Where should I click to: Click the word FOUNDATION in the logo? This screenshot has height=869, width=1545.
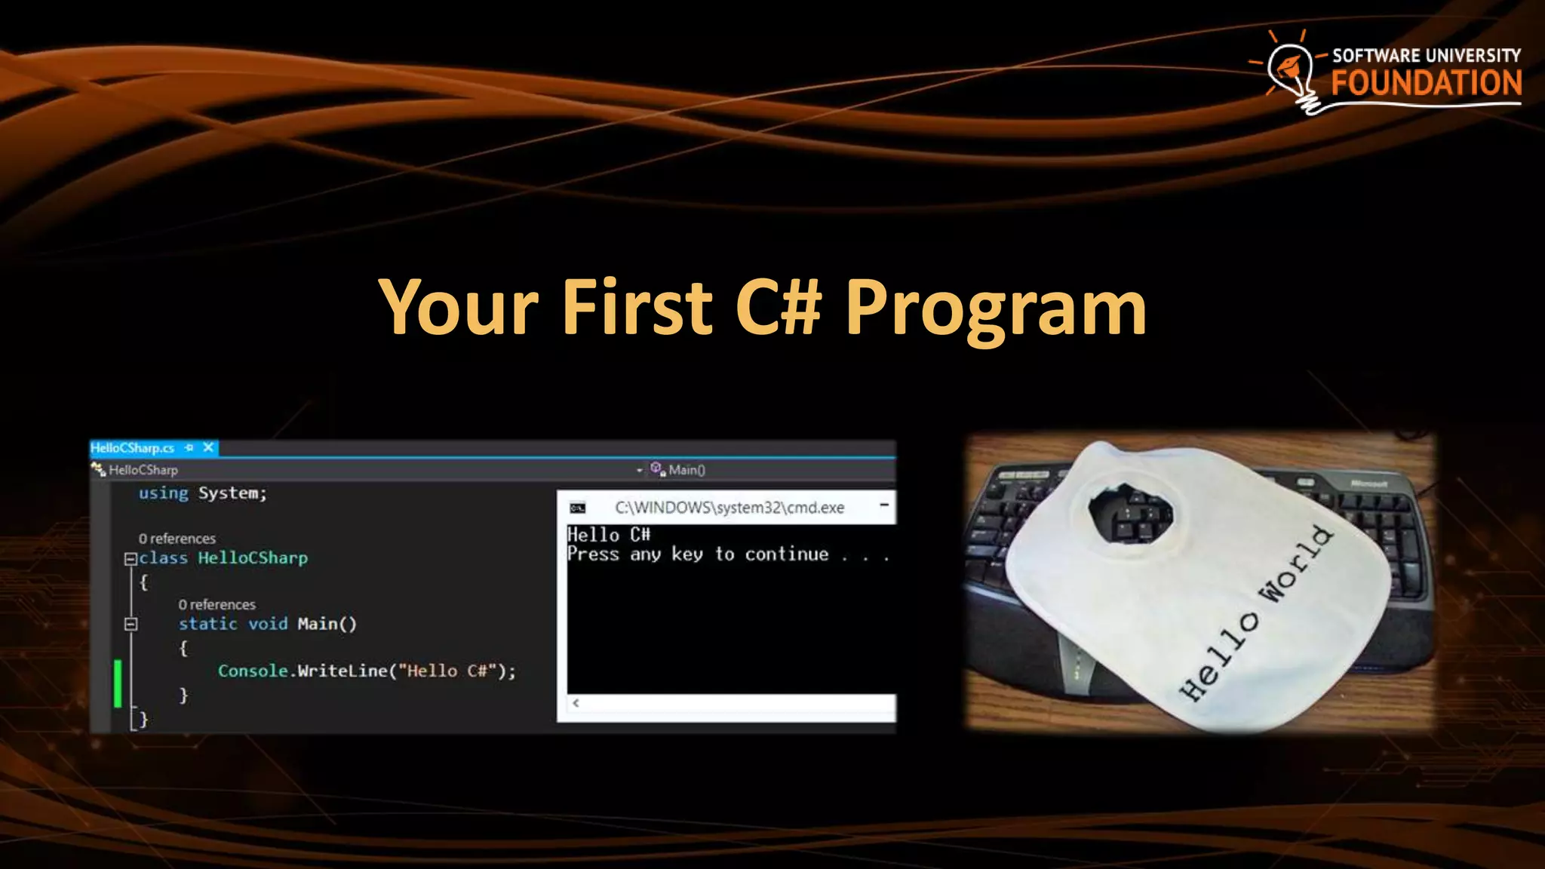pyautogui.click(x=1426, y=83)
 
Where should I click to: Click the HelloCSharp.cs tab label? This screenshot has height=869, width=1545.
pyautogui.click(x=133, y=448)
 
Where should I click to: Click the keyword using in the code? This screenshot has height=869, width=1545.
pyautogui.click(x=163, y=493)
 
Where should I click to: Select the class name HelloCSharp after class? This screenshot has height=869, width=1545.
pyautogui.click(x=253, y=558)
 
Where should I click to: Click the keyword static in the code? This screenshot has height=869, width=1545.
pyautogui.click(x=207, y=624)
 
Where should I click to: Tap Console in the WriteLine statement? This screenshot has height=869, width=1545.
pyautogui.click(x=253, y=671)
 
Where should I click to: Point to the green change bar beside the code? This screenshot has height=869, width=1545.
pyautogui.click(x=118, y=683)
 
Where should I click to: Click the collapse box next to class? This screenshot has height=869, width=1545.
pyautogui.click(x=130, y=559)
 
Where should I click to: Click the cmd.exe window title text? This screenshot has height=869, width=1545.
pyautogui.click(x=729, y=508)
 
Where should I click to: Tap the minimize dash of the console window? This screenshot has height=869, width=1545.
pyautogui.click(x=884, y=505)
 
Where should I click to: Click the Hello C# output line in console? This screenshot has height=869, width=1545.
pyautogui.click(x=609, y=535)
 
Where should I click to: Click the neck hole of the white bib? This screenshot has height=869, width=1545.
pyautogui.click(x=1130, y=513)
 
